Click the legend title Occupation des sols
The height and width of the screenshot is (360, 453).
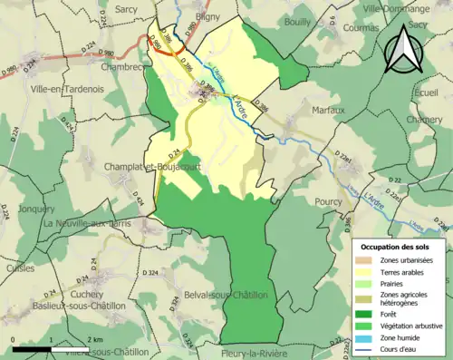pyautogui.click(x=397, y=247)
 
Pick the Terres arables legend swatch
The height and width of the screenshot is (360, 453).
pyautogui.click(x=368, y=273)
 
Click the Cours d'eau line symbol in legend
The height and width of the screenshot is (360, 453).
pyautogui.click(x=368, y=350)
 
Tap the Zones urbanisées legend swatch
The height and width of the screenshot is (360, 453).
pyautogui.click(x=368, y=260)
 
